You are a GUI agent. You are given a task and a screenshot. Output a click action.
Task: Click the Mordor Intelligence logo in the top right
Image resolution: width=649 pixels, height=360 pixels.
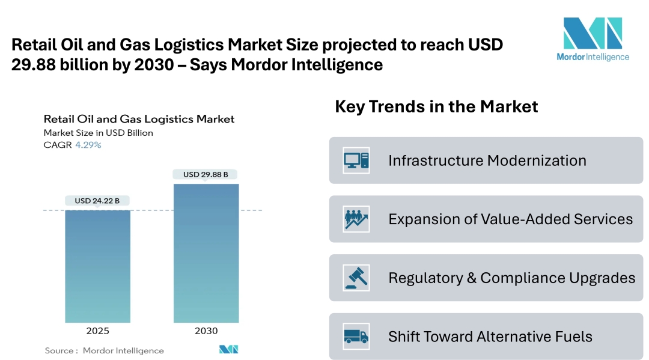(593, 39)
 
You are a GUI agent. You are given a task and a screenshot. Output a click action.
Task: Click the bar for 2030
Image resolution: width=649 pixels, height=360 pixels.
(206, 252)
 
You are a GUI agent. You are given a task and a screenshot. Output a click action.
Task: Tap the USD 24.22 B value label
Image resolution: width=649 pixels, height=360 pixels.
(97, 201)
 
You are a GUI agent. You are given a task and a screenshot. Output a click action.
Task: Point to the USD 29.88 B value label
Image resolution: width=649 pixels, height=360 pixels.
(206, 174)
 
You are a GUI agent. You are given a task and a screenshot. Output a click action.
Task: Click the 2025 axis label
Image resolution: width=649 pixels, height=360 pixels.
(97, 331)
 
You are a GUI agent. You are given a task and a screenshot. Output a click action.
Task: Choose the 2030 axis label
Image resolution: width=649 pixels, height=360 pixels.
(206, 331)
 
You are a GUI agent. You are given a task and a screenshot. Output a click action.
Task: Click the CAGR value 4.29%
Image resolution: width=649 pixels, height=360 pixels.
(88, 145)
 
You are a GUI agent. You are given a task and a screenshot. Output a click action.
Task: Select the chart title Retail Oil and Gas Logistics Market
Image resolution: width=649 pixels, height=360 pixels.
(139, 119)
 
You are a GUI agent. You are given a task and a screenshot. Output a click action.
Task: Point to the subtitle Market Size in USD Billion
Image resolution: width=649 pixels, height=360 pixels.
(98, 132)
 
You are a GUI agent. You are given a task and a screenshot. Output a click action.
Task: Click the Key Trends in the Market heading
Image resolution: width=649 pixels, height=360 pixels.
(436, 107)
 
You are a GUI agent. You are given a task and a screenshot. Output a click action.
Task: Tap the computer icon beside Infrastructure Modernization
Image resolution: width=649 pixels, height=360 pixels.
(356, 160)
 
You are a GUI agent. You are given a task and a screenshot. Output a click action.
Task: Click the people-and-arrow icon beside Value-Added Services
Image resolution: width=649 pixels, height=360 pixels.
(356, 219)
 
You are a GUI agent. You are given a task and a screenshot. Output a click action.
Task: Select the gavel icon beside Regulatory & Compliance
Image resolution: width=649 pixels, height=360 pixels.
(356, 278)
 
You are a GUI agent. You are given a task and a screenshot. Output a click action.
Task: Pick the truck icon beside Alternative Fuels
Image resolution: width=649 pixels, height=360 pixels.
(356, 336)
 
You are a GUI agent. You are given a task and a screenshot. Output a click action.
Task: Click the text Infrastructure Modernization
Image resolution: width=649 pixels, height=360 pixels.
(487, 160)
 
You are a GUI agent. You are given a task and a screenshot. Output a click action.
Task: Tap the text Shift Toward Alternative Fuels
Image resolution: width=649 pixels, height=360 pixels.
(490, 337)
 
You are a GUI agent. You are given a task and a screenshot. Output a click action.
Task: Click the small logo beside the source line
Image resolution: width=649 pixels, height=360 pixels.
(229, 349)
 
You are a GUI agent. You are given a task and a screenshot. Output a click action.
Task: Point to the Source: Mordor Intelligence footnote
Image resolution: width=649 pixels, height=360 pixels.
(104, 350)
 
